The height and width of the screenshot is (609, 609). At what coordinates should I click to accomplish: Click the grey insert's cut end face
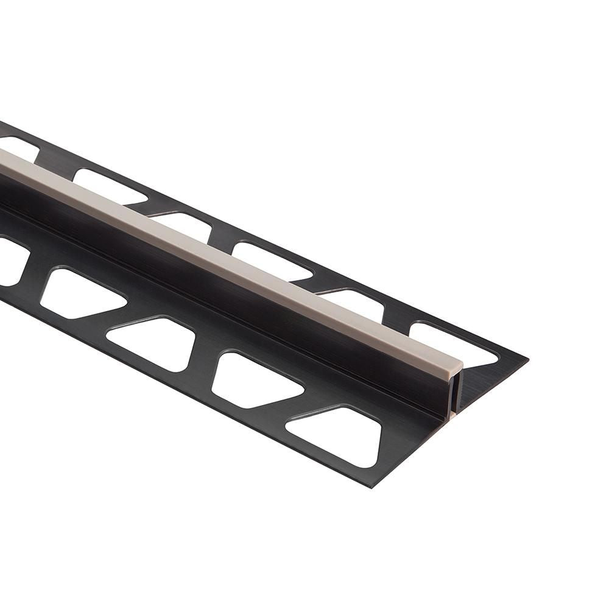pyautogui.click(x=456, y=367)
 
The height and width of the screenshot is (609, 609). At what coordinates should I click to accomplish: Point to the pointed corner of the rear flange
pyautogui.click(x=527, y=359)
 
